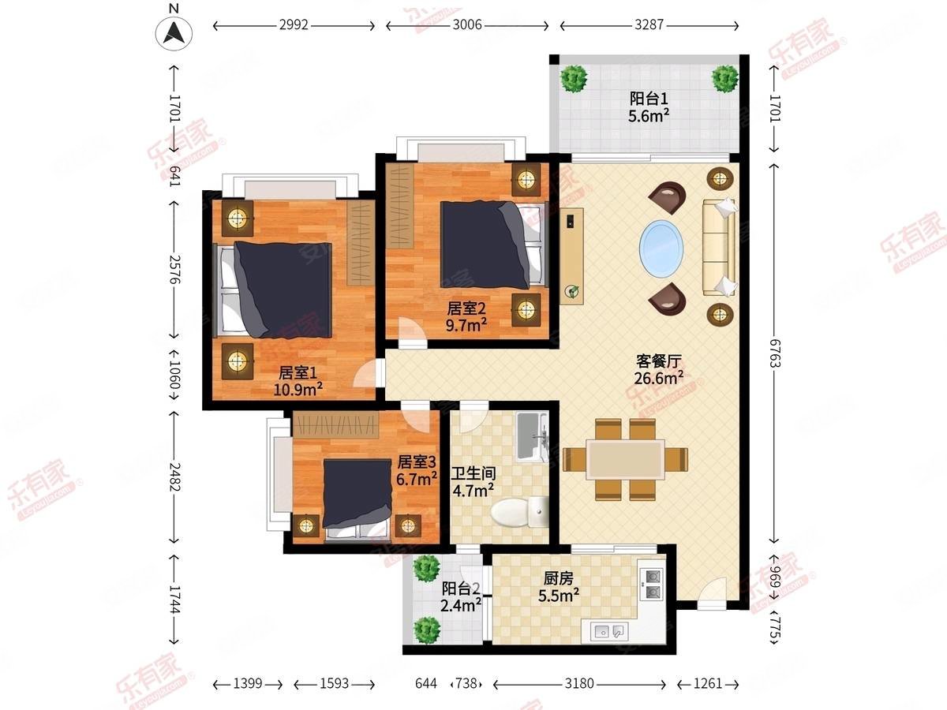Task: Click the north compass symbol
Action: (x=175, y=32)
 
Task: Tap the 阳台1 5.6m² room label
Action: (x=649, y=107)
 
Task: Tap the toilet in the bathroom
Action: (x=518, y=513)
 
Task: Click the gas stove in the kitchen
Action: (x=654, y=584)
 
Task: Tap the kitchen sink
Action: (x=608, y=630)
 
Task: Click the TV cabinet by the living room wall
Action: (x=571, y=254)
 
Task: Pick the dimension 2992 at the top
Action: (x=294, y=25)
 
